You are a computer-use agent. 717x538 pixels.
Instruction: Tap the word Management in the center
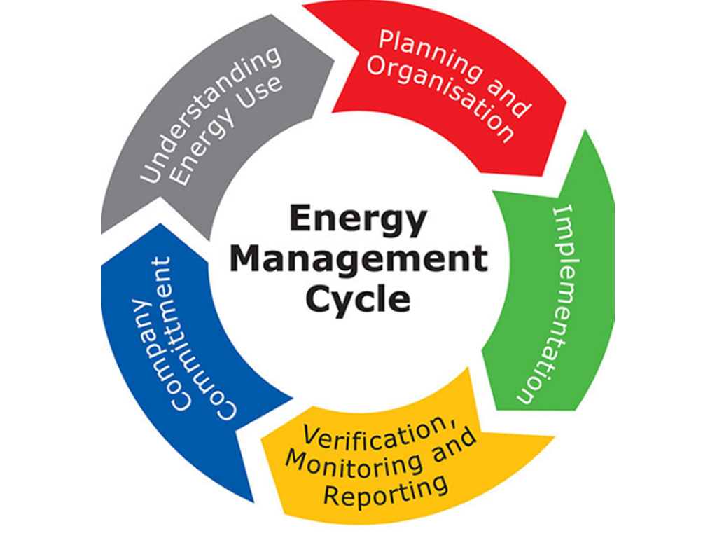coord(358,259)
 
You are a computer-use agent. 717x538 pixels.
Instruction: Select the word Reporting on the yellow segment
coord(386,491)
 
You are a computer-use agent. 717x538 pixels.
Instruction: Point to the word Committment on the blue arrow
coord(195,338)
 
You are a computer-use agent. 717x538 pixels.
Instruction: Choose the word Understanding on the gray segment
coord(210,114)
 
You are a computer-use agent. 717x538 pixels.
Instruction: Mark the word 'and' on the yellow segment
coord(454,446)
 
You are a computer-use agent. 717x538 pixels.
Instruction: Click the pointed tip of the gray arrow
coord(333,60)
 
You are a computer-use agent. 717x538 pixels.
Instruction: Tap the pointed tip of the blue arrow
coord(160,223)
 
